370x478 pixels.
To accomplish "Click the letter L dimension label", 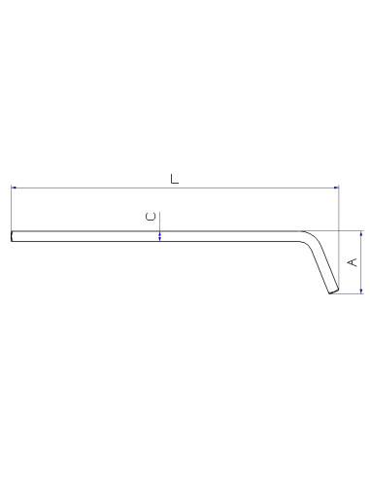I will pos(174,179).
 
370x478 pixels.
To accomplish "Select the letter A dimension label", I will pos(353,261).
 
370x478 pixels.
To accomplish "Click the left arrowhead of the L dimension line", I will pos(14,187).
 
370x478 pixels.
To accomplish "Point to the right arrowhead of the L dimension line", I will pos(335,187).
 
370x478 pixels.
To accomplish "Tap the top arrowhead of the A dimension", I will pos(361,234).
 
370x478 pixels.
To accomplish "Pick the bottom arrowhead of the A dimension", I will pos(361,290).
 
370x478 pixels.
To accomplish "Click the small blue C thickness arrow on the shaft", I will pos(160,234).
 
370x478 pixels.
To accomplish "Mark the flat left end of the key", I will pos(12,236).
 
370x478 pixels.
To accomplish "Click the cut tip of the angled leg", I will pos(333,291).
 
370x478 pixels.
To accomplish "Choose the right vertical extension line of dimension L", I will pos(338,209).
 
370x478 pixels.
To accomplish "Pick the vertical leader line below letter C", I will pos(160,224).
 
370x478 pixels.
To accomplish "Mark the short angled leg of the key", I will pos(322,266).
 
